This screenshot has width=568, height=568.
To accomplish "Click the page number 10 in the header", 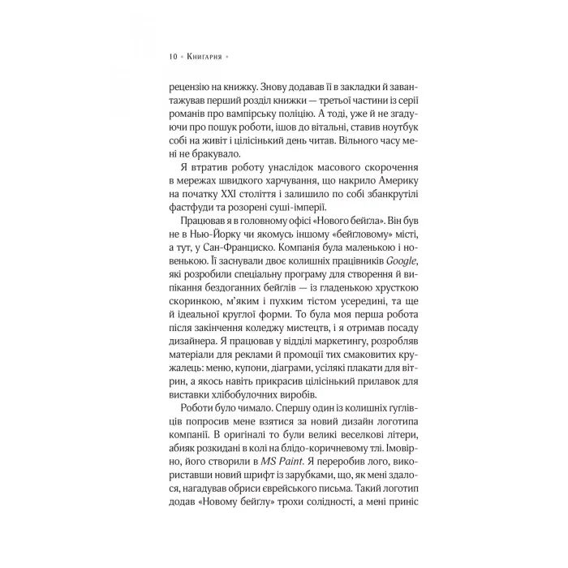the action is (x=174, y=57).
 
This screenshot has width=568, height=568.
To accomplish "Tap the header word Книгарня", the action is (x=203, y=57).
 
